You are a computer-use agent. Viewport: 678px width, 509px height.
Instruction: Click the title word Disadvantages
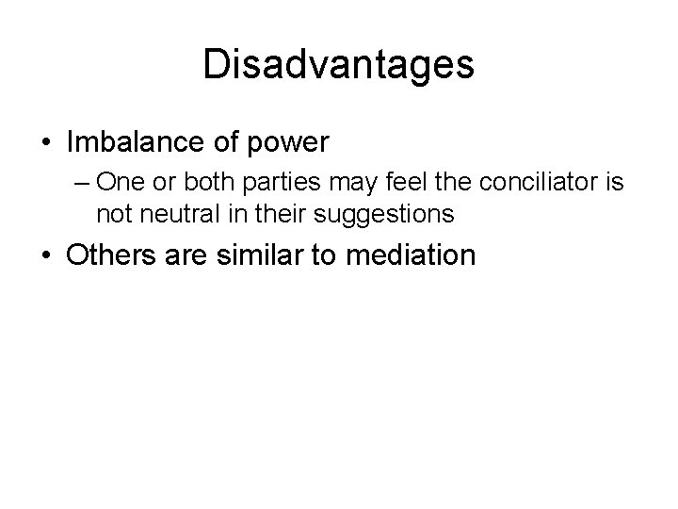339,65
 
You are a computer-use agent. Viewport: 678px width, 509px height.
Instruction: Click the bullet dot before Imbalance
46,143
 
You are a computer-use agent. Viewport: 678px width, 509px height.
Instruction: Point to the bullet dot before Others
46,256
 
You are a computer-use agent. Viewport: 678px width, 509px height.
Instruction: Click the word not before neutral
114,214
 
